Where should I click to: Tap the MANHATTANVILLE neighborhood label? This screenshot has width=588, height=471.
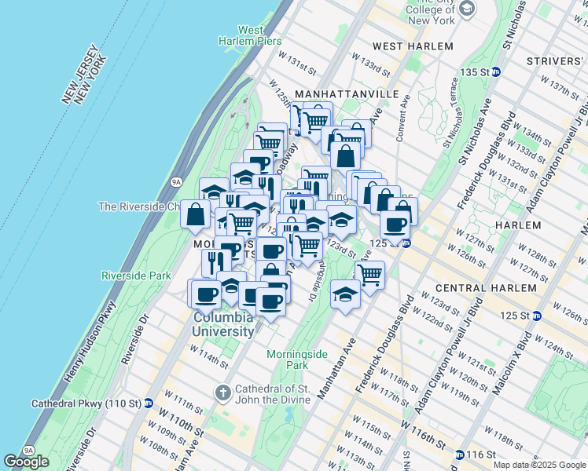[336, 94]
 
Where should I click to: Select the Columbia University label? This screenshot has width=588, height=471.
[223, 324]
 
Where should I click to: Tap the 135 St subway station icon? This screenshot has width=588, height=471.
[497, 71]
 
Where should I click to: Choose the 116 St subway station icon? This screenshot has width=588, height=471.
[459, 455]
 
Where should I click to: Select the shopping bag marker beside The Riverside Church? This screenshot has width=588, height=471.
[195, 214]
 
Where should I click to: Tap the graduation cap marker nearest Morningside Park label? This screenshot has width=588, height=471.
[345, 293]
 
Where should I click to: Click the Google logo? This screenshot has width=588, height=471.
[26, 462]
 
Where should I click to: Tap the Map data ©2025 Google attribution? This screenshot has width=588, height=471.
[538, 465]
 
